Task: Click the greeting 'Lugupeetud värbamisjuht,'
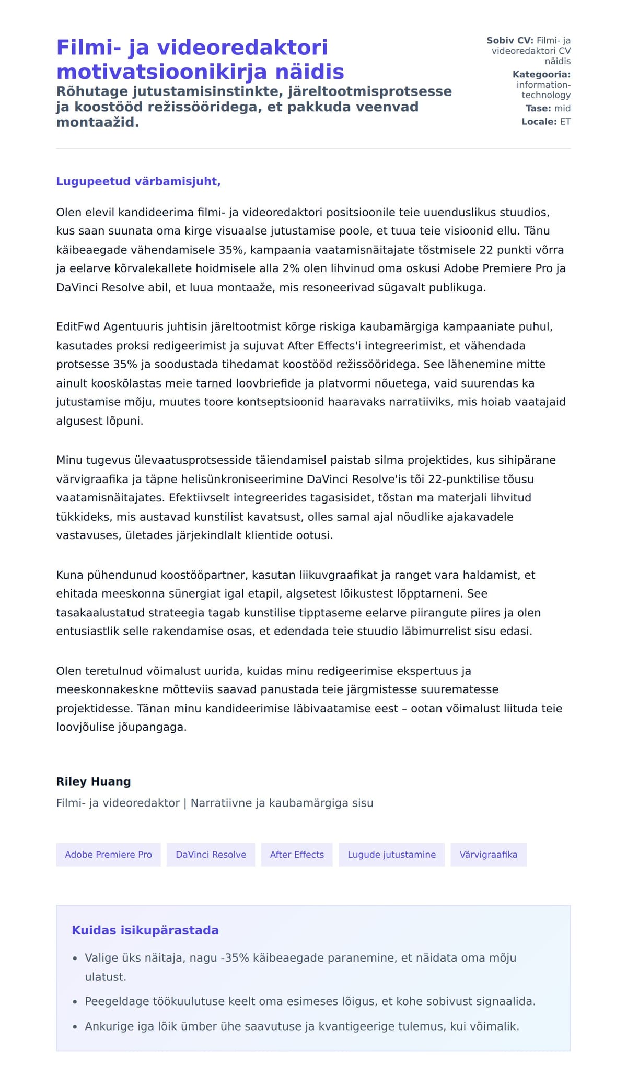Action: [x=138, y=181]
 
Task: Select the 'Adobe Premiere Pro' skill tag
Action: [x=108, y=855]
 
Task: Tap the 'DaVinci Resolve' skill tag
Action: [x=211, y=855]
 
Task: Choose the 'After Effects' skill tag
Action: [x=297, y=855]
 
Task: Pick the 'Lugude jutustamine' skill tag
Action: [x=391, y=855]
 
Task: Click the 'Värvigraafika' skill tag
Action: [x=488, y=855]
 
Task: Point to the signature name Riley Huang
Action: [x=94, y=781]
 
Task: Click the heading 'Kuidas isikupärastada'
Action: [x=145, y=930]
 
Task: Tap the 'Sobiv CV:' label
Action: [x=510, y=40]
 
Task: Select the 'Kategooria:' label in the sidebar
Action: [x=541, y=74]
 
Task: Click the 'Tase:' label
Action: [x=538, y=108]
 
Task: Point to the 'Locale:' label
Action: [x=539, y=122]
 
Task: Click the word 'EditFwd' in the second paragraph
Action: [x=78, y=327]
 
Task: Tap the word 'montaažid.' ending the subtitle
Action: [x=98, y=123]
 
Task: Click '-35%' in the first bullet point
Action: [x=236, y=958]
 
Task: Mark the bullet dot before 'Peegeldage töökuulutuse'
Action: [x=75, y=1002]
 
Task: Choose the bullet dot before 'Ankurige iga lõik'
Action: [x=75, y=1027]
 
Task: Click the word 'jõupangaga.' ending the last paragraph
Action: [x=155, y=727]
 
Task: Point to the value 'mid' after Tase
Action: [x=562, y=108]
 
